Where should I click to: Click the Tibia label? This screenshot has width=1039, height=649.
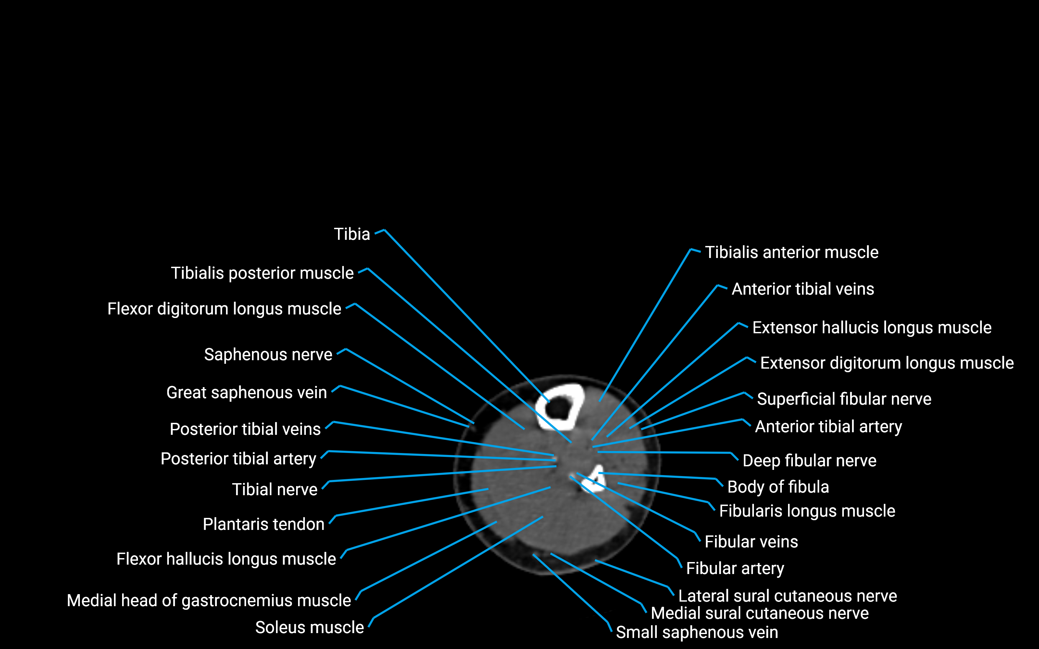(x=352, y=234)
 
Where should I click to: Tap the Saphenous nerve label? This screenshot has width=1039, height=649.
(x=268, y=355)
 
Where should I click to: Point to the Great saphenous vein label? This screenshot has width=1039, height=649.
(x=246, y=393)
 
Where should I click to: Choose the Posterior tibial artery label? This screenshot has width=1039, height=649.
(x=238, y=459)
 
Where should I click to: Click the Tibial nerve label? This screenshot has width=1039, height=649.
(x=274, y=490)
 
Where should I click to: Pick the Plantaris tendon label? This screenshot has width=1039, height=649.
(x=263, y=524)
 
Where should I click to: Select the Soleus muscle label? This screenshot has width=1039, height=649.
(x=309, y=628)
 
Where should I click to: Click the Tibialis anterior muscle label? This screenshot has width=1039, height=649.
(x=791, y=252)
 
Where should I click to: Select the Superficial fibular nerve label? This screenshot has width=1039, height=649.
(x=844, y=399)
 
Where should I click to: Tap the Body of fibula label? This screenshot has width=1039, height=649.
(x=778, y=487)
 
